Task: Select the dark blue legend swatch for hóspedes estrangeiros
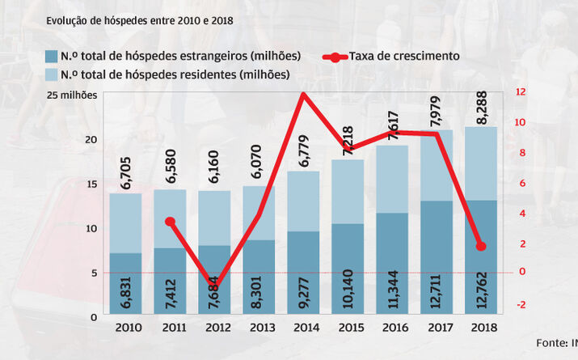[x=50, y=57]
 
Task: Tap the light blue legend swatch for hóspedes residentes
[x=50, y=75]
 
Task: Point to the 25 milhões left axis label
[x=72, y=95]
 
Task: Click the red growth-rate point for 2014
[x=303, y=95]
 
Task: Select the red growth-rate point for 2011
[x=170, y=221]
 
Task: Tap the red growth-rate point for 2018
[x=481, y=246]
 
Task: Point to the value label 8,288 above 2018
[x=481, y=105]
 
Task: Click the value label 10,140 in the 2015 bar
[x=348, y=287]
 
